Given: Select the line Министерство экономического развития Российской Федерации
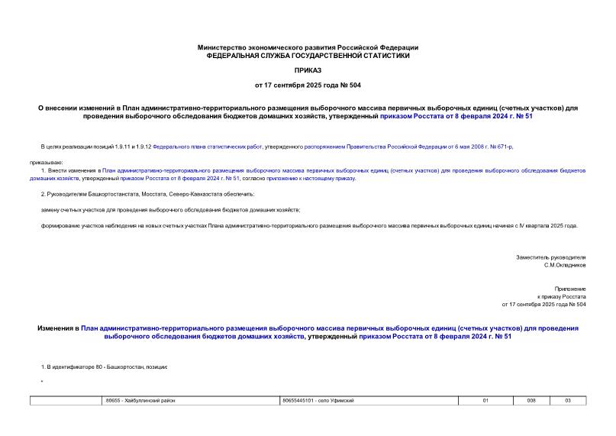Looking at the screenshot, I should coord(308,47).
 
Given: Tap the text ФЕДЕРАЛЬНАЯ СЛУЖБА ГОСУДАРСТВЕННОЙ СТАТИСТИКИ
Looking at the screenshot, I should coord(308,55).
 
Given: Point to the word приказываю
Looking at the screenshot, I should coord(47,162).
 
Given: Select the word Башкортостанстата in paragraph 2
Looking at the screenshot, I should coord(99,194).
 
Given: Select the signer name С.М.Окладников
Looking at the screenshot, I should coord(564,265).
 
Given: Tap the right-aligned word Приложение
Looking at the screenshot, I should coord(570,289).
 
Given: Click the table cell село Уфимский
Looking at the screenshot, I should coord(318,401).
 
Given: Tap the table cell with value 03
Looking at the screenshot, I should coord(567,401).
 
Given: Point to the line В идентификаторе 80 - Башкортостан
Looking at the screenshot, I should coord(104,367).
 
